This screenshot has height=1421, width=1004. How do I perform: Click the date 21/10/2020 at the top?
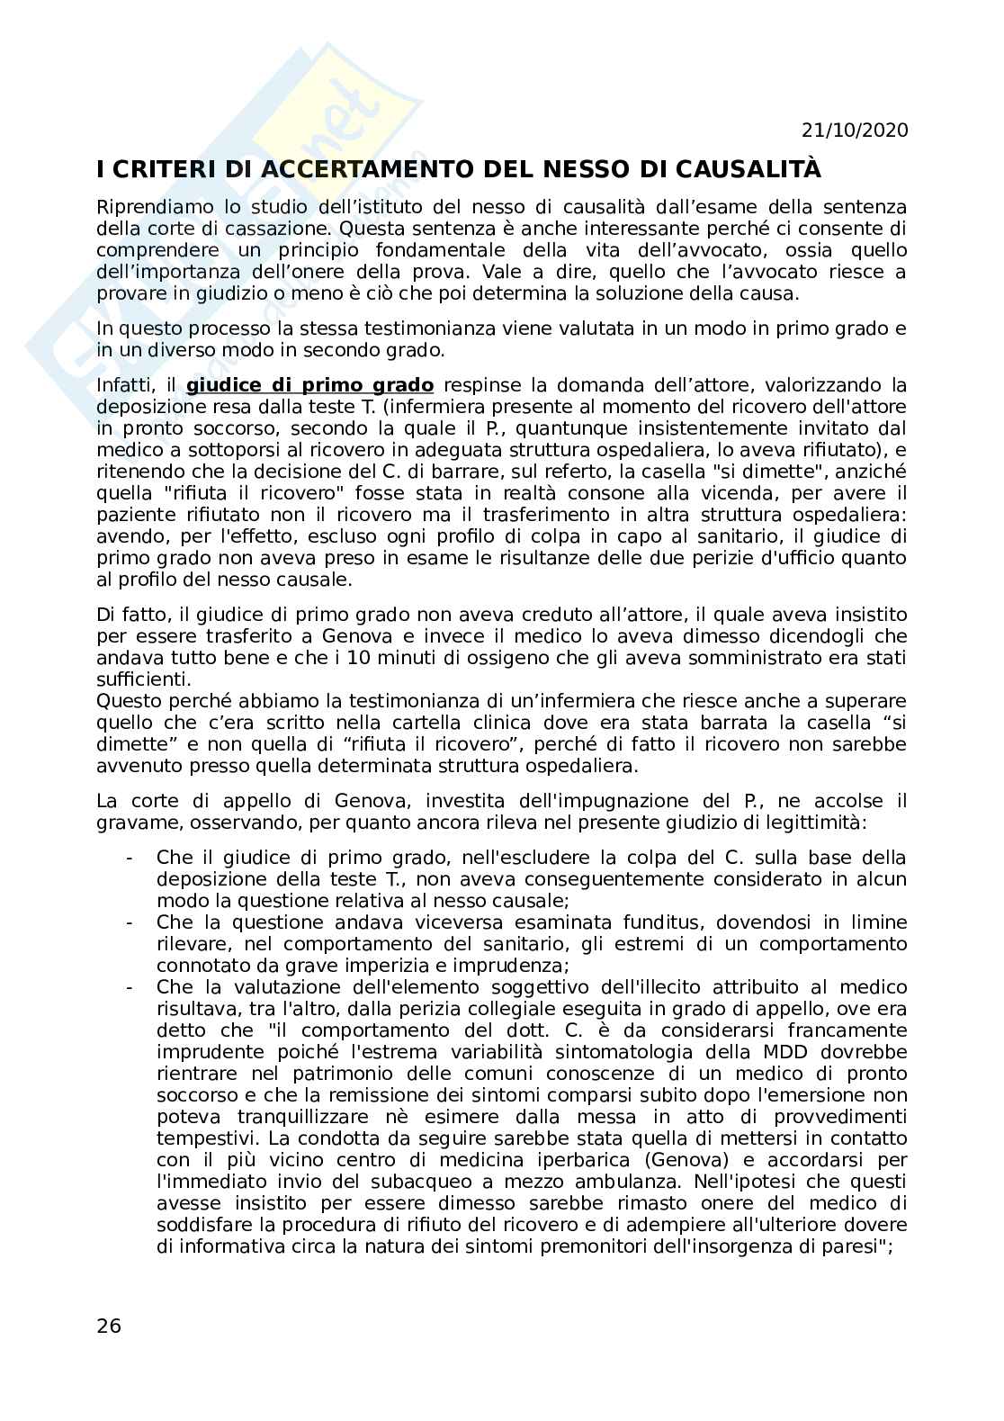(854, 130)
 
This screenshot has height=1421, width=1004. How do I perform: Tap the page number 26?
(109, 1326)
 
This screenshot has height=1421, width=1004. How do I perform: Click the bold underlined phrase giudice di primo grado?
(309, 385)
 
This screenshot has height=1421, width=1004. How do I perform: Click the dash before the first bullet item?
(130, 858)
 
